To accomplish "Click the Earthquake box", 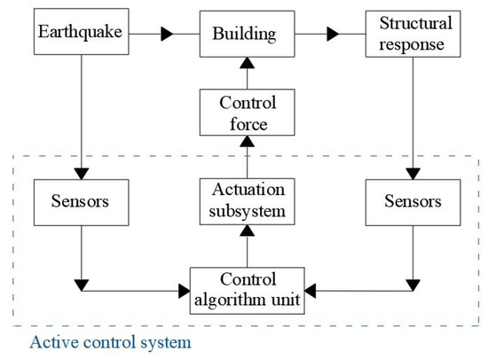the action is [82, 31].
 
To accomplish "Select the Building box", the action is [248, 34].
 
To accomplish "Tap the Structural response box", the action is [413, 34].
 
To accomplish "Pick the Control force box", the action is [248, 113].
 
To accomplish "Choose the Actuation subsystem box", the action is [248, 201].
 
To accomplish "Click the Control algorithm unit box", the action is [248, 291].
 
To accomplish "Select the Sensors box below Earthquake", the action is [82, 202].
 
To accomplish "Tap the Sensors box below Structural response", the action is [413, 202].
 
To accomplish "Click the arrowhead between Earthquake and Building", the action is [167, 34].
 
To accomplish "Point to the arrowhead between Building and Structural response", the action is [333, 34].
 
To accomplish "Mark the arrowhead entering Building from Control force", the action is [248, 63].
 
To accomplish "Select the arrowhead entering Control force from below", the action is [248, 141].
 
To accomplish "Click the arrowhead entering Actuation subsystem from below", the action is [248, 231].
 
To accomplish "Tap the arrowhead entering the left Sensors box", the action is [82, 174].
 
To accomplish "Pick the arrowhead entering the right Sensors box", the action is [413, 174].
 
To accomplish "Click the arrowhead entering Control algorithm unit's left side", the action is [185, 291].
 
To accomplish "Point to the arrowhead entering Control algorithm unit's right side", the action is [311, 291].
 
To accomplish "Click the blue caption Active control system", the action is [111, 342].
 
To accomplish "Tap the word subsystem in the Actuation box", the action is [248, 212].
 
